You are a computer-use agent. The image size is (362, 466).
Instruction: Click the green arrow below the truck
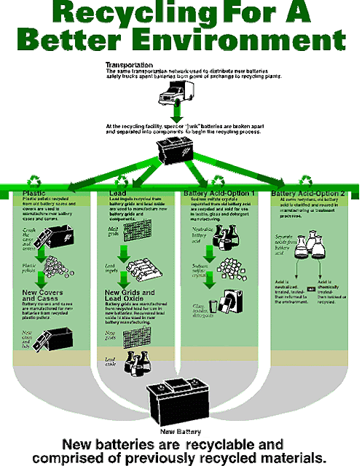coord(177,114)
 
